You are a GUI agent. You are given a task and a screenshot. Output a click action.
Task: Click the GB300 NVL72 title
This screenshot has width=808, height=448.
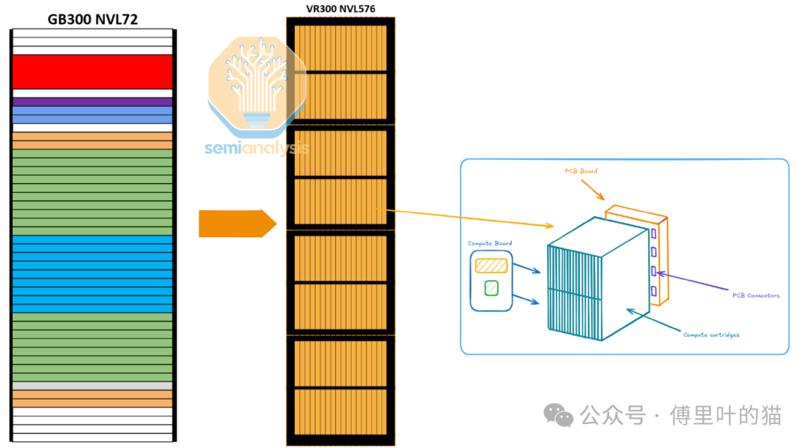[92, 19]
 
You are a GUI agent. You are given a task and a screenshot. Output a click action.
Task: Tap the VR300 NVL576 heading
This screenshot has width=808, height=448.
[340, 9]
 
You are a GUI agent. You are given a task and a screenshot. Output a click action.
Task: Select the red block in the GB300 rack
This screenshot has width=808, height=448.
[92, 72]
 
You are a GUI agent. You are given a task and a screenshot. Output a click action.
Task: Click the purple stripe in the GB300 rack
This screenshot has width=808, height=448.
[92, 102]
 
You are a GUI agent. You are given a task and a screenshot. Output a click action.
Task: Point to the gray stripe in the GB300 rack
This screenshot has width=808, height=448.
[92, 386]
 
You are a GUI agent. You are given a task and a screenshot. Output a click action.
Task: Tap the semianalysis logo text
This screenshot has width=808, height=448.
[257, 148]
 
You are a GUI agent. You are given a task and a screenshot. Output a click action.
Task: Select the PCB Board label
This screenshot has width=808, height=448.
[581, 171]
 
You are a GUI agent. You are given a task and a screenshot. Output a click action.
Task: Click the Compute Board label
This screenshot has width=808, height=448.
[489, 244]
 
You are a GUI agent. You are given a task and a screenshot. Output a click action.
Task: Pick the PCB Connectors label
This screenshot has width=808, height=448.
[755, 295]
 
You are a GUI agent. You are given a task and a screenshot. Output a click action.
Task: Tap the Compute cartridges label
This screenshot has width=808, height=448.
[711, 334]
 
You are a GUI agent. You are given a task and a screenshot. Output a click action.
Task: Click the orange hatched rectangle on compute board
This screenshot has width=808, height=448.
[492, 265]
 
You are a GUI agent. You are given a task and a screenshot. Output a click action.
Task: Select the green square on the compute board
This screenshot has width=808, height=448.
[492, 286]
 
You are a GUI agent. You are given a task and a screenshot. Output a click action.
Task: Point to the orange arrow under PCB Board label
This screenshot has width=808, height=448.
[596, 190]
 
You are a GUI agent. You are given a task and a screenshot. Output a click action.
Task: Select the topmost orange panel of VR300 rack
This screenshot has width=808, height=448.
[340, 48]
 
